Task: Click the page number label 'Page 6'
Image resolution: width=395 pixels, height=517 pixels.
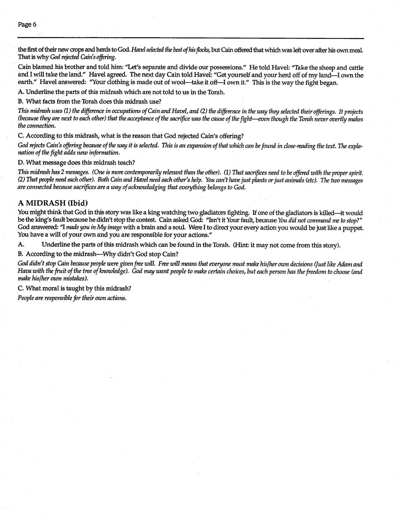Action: [27, 25]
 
